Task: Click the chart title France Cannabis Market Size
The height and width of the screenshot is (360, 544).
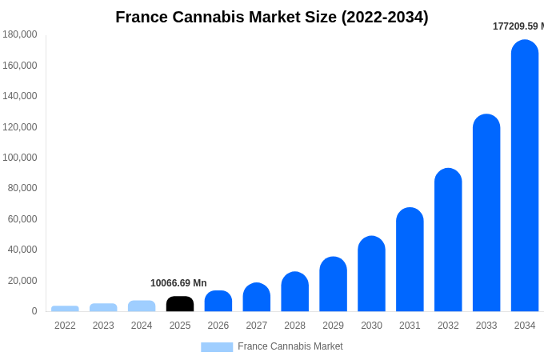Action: point(272,17)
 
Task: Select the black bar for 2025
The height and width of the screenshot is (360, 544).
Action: point(180,304)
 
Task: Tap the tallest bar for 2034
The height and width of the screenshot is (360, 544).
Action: point(525,176)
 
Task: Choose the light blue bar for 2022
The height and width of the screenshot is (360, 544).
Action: point(65,309)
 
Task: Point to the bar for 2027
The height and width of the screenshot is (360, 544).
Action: point(257,298)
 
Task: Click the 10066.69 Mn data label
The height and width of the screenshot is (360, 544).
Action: point(178,283)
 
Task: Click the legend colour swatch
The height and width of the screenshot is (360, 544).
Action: point(217,347)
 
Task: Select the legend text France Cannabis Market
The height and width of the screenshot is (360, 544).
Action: point(290,346)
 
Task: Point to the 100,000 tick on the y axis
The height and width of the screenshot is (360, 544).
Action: point(20,158)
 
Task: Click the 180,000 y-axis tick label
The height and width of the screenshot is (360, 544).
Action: point(20,34)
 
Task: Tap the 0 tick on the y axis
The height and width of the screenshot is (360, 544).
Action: point(34,311)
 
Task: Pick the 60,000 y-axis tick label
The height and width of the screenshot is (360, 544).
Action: point(22,219)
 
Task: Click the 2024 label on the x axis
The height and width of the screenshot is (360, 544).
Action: point(142,326)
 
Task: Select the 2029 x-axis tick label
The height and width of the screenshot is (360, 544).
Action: point(333,326)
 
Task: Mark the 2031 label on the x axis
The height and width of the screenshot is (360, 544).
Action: point(410,326)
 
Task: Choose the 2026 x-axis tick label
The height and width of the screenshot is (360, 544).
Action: point(218,326)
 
